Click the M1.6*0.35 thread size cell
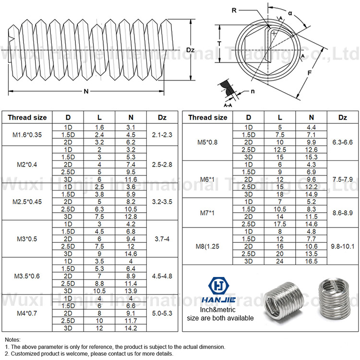click(x=27, y=135)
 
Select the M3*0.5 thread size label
click(x=27, y=239)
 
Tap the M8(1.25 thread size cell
click(x=207, y=246)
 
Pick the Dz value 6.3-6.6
click(x=342, y=143)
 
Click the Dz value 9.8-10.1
click(x=342, y=246)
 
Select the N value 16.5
click(x=311, y=261)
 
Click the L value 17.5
click(x=280, y=224)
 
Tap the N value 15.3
click(x=311, y=157)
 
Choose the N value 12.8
click(x=131, y=216)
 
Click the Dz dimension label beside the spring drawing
click(x=190, y=49)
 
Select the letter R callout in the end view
click(x=233, y=10)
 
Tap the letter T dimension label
click(x=219, y=43)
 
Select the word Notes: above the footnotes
click(x=12, y=339)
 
